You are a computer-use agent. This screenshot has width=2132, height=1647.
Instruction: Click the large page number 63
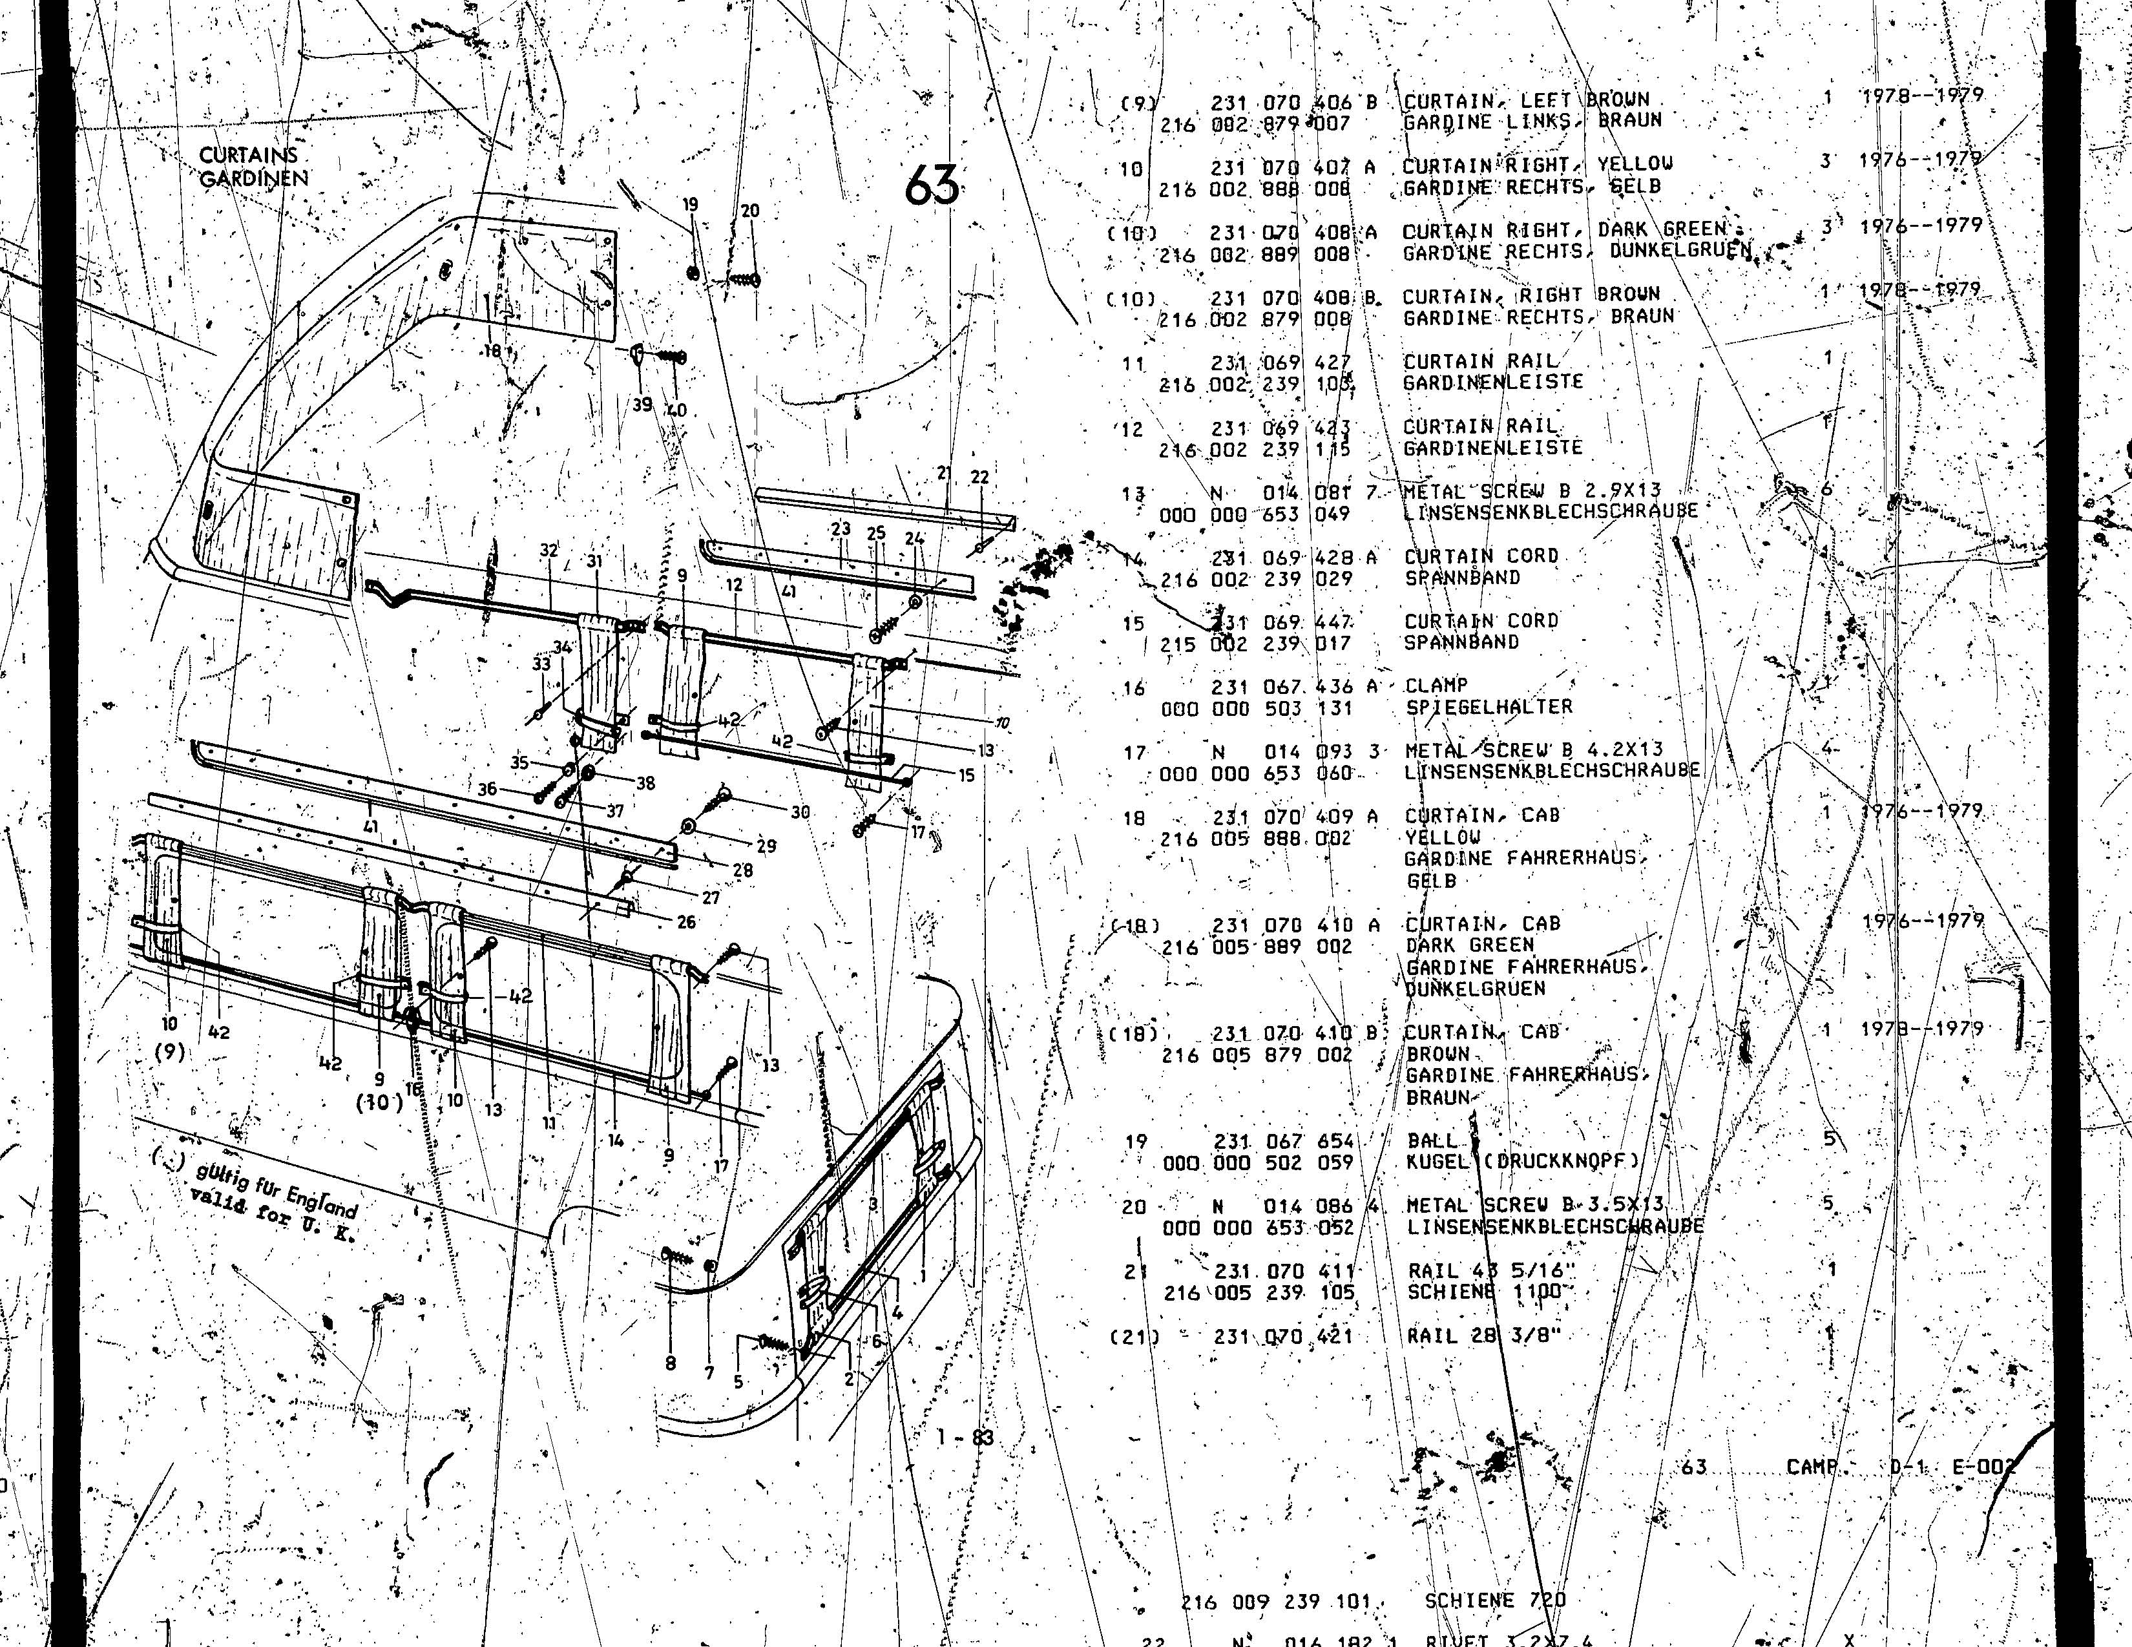click(930, 185)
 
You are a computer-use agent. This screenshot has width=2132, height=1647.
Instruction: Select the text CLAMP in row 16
click(1436, 686)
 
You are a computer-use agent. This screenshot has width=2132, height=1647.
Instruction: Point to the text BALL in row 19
click(1432, 1140)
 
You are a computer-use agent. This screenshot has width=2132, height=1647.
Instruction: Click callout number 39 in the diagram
click(642, 404)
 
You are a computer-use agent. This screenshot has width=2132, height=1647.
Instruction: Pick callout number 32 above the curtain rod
click(549, 551)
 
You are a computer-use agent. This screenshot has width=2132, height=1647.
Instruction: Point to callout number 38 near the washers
click(645, 783)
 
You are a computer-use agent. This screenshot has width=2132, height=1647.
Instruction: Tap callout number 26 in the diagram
click(686, 921)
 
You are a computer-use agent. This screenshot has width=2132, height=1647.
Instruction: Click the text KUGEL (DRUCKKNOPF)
click(1523, 1162)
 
